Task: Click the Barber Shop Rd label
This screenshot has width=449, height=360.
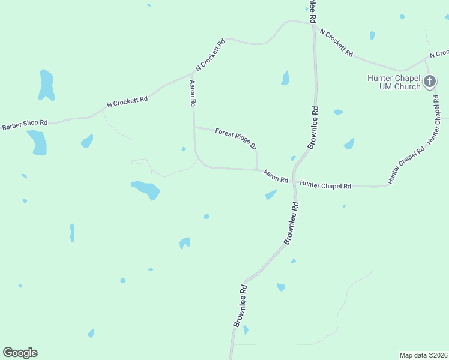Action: tap(25, 125)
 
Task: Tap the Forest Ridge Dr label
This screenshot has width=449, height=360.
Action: tap(236, 138)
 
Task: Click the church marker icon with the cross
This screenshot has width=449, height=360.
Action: tap(429, 81)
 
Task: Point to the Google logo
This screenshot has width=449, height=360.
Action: tap(20, 353)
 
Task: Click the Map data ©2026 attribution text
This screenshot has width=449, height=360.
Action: tap(423, 355)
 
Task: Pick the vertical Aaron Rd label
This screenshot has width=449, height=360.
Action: tap(193, 94)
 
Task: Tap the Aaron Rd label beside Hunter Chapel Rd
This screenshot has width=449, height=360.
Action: tap(276, 176)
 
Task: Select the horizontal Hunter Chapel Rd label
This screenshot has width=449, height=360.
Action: tap(325, 186)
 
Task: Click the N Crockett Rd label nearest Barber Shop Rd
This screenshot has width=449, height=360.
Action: tap(127, 101)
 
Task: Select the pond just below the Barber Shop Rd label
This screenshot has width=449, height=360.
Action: tap(37, 142)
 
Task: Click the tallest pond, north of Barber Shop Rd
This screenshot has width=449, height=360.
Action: tap(46, 85)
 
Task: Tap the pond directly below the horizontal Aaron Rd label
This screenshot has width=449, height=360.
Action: tap(271, 194)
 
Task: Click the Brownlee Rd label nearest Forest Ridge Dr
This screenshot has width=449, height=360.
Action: tap(312, 128)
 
